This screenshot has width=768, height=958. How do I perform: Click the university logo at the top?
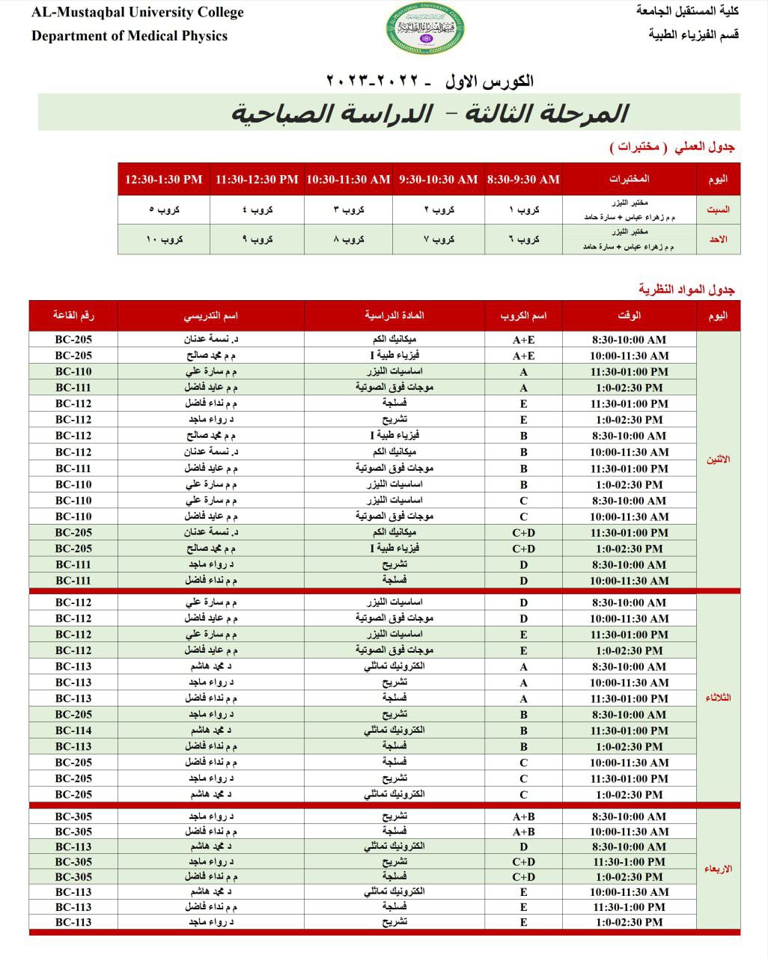[425, 28]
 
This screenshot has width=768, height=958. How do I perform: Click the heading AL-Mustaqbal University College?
[138, 13]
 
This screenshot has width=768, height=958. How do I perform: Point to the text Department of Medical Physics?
[129, 36]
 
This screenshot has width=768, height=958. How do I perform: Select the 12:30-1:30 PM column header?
[164, 180]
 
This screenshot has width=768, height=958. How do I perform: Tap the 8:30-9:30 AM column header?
[523, 180]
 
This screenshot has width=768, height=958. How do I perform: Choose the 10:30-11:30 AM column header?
[348, 180]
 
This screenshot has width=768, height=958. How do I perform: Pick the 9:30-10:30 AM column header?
[438, 180]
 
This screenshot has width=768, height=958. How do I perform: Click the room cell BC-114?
[73, 730]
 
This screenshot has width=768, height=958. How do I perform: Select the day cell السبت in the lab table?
[718, 210]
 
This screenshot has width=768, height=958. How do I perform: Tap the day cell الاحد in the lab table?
[718, 239]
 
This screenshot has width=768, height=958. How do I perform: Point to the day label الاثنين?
[719, 460]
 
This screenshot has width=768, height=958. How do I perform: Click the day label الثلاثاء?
[719, 698]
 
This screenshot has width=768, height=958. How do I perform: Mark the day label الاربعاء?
[719, 869]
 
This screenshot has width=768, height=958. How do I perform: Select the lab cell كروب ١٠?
[165, 239]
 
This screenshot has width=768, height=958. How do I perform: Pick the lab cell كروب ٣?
[349, 210]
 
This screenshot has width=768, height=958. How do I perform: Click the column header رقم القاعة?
[73, 316]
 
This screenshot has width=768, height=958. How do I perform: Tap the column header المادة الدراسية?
[394, 316]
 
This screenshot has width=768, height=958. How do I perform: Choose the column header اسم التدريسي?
[211, 316]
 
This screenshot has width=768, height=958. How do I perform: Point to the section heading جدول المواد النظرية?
[686, 290]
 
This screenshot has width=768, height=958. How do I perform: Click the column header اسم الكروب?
[523, 316]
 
